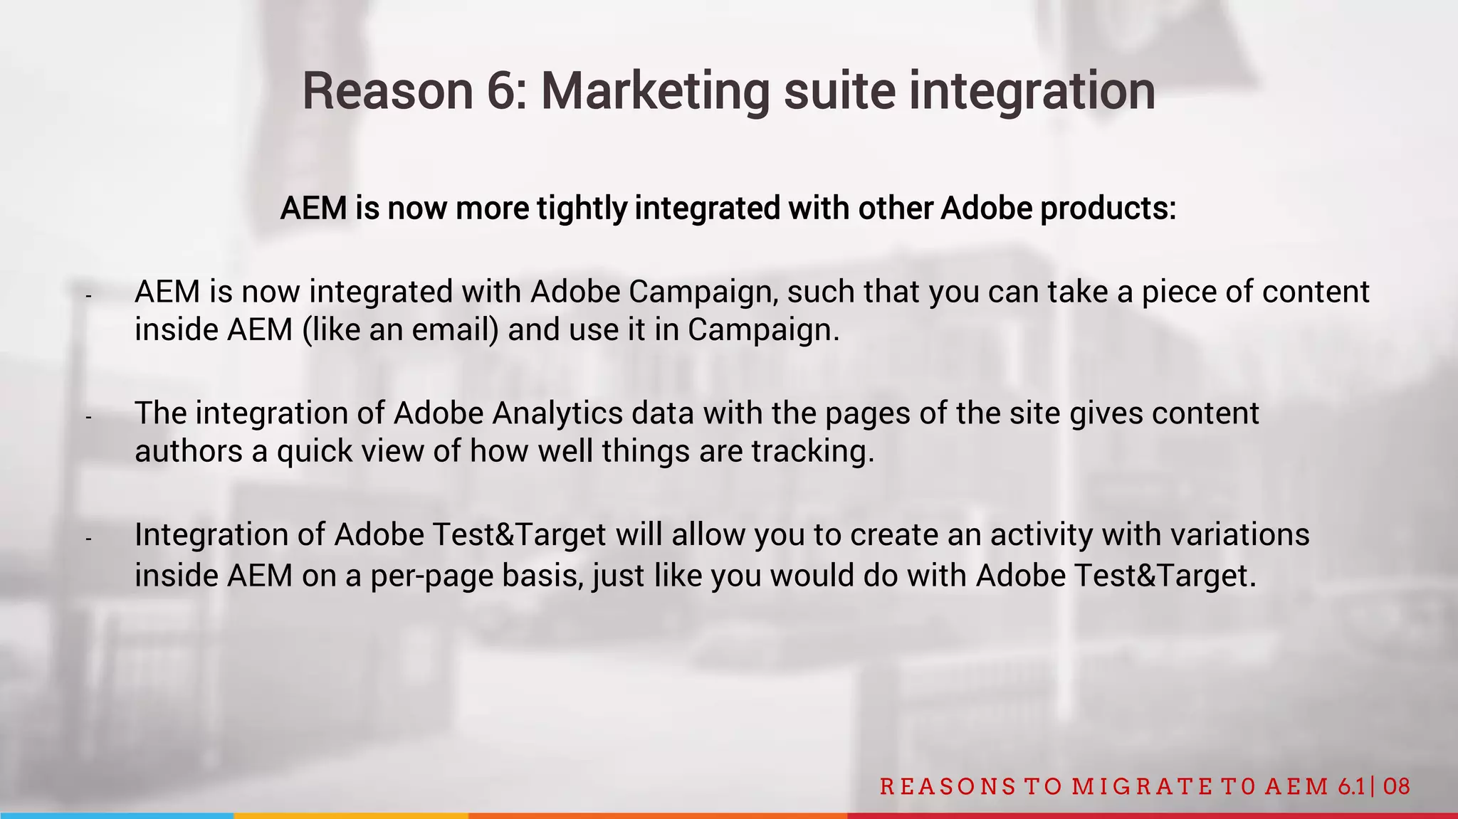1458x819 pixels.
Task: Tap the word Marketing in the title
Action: pyautogui.click(x=655, y=93)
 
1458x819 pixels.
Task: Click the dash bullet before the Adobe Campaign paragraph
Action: pyautogui.click(x=88, y=295)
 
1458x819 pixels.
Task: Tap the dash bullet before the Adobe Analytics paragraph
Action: pyautogui.click(x=88, y=417)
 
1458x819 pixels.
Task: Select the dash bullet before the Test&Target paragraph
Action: pyautogui.click(x=88, y=539)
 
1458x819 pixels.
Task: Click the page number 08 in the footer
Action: pyautogui.click(x=1397, y=786)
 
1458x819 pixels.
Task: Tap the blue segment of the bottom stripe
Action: pyautogui.click(x=117, y=815)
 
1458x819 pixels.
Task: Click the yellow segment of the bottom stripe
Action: pyautogui.click(x=350, y=815)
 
